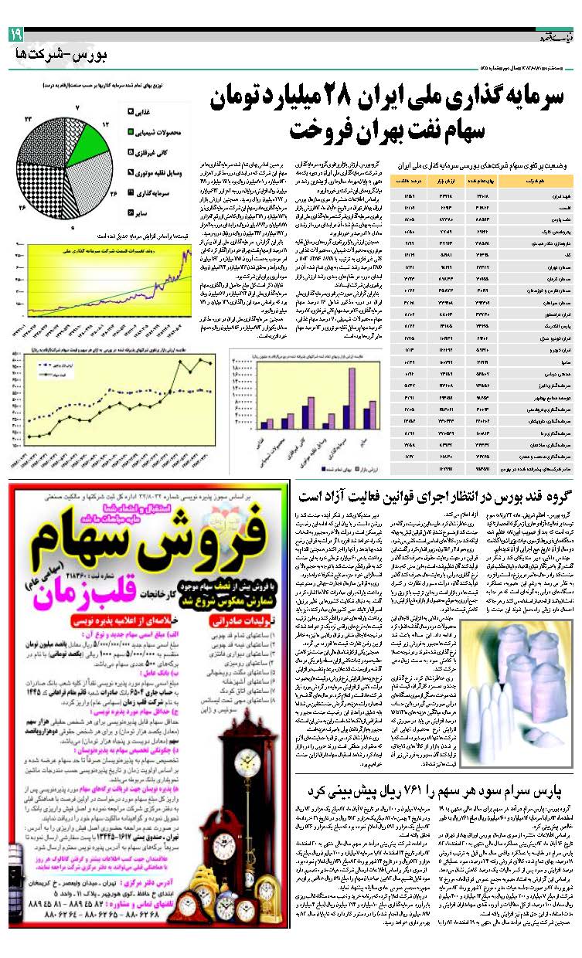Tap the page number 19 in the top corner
[16, 35]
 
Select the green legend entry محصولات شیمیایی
[161, 131]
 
